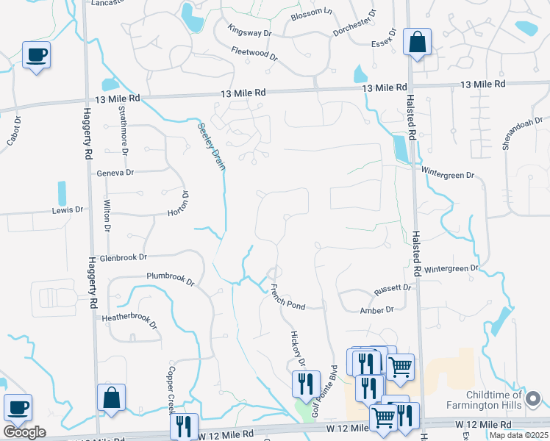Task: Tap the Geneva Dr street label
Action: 115,173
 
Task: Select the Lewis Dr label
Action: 68,210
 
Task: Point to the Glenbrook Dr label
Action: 124,257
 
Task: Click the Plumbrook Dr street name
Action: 170,279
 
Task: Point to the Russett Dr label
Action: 393,287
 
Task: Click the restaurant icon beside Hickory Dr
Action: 306,383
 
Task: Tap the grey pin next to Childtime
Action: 534,400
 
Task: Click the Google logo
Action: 24,432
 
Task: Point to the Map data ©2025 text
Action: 519,435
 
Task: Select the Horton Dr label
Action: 179,204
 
